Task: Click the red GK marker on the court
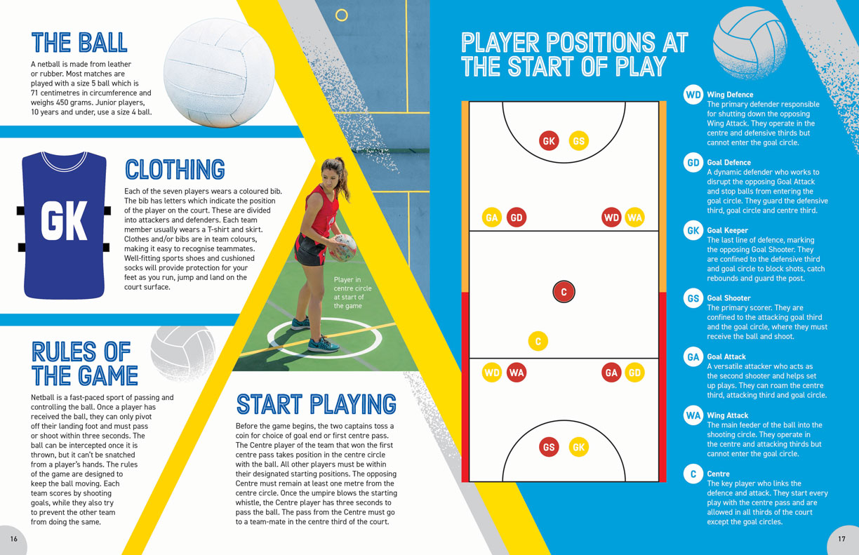(549, 140)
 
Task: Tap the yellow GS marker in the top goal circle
(579, 140)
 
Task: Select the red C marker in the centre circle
(564, 292)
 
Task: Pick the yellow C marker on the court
(538, 341)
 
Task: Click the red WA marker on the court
(517, 373)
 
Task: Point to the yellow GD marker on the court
(634, 373)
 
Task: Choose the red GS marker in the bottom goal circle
(549, 447)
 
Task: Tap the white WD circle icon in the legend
(693, 95)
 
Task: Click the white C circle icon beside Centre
(693, 474)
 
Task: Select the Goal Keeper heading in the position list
(728, 230)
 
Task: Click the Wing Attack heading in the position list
(728, 415)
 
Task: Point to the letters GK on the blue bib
(64, 221)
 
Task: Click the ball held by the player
(342, 248)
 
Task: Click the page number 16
(14, 539)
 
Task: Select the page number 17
(841, 539)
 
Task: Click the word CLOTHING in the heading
(175, 169)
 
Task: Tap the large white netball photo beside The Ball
(219, 73)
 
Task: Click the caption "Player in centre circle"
(352, 284)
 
